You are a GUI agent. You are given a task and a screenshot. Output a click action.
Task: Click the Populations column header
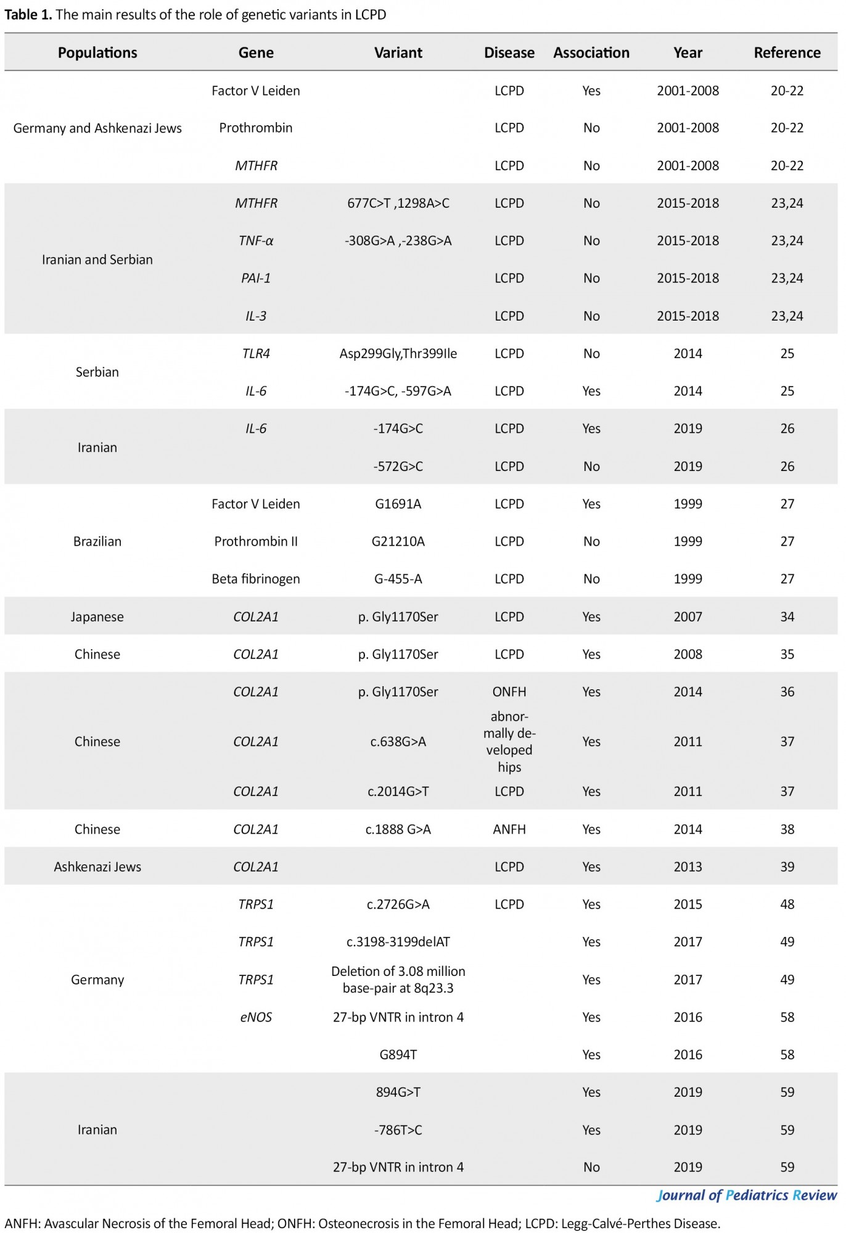point(97,53)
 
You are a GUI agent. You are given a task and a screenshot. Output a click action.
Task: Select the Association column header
point(591,53)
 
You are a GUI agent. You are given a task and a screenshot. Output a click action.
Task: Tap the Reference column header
point(787,53)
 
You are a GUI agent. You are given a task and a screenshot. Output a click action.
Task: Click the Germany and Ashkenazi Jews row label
point(97,128)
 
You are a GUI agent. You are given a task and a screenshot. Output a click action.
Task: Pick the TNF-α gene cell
point(256,241)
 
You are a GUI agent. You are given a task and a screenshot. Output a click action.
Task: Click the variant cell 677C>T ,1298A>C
point(398,203)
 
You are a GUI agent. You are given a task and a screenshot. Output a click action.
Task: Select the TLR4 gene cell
point(256,354)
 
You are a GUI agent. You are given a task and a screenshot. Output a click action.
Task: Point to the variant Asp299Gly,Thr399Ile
point(398,354)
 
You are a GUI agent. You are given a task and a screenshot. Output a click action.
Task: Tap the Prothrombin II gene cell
point(256,541)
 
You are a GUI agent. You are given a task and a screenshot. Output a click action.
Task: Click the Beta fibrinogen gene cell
point(256,579)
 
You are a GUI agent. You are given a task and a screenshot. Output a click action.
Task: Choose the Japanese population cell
point(97,617)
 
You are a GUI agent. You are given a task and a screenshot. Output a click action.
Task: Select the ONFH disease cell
point(509,692)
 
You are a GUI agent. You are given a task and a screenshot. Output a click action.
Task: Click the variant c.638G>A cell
point(398,742)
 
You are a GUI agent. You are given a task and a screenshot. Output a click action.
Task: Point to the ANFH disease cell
point(509,829)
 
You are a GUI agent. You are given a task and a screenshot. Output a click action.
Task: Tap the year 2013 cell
point(688,867)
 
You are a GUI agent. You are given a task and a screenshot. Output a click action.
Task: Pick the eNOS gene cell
point(256,1017)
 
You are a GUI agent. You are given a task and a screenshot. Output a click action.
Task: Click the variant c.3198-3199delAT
point(398,942)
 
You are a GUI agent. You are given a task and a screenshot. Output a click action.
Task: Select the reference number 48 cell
point(787,904)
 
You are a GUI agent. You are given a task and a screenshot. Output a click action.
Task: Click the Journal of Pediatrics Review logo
point(746,1195)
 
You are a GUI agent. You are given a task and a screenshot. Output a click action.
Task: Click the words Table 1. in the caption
point(28,15)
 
